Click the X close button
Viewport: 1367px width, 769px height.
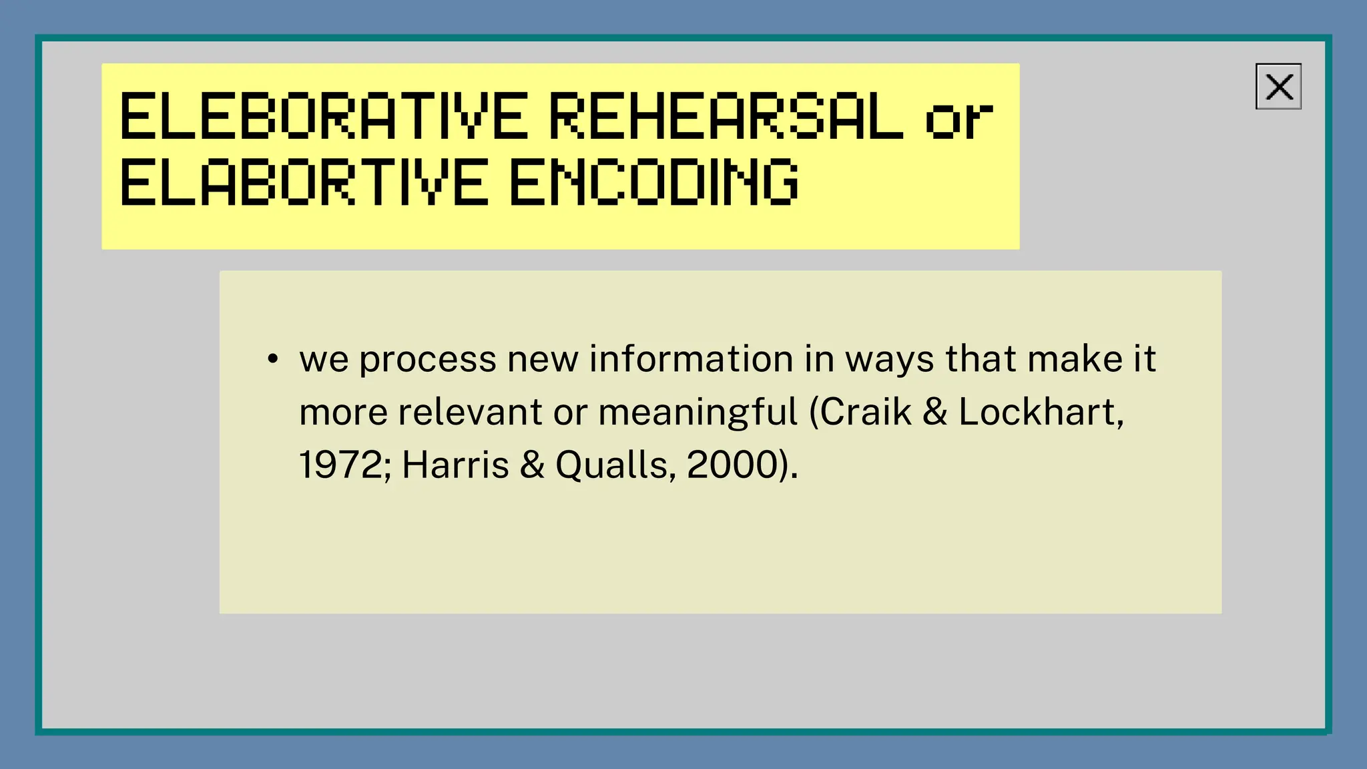point(1278,87)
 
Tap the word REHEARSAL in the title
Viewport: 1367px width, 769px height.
point(726,117)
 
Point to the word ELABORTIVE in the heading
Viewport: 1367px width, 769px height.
point(304,181)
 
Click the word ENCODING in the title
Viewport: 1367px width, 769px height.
point(653,181)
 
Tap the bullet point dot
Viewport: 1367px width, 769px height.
point(272,359)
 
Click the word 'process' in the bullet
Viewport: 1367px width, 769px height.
point(428,360)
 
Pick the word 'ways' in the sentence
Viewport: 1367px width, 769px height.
point(890,360)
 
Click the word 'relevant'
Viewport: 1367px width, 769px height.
point(470,412)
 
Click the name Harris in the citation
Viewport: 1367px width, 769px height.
point(455,465)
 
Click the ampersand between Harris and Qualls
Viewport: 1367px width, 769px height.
point(532,465)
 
